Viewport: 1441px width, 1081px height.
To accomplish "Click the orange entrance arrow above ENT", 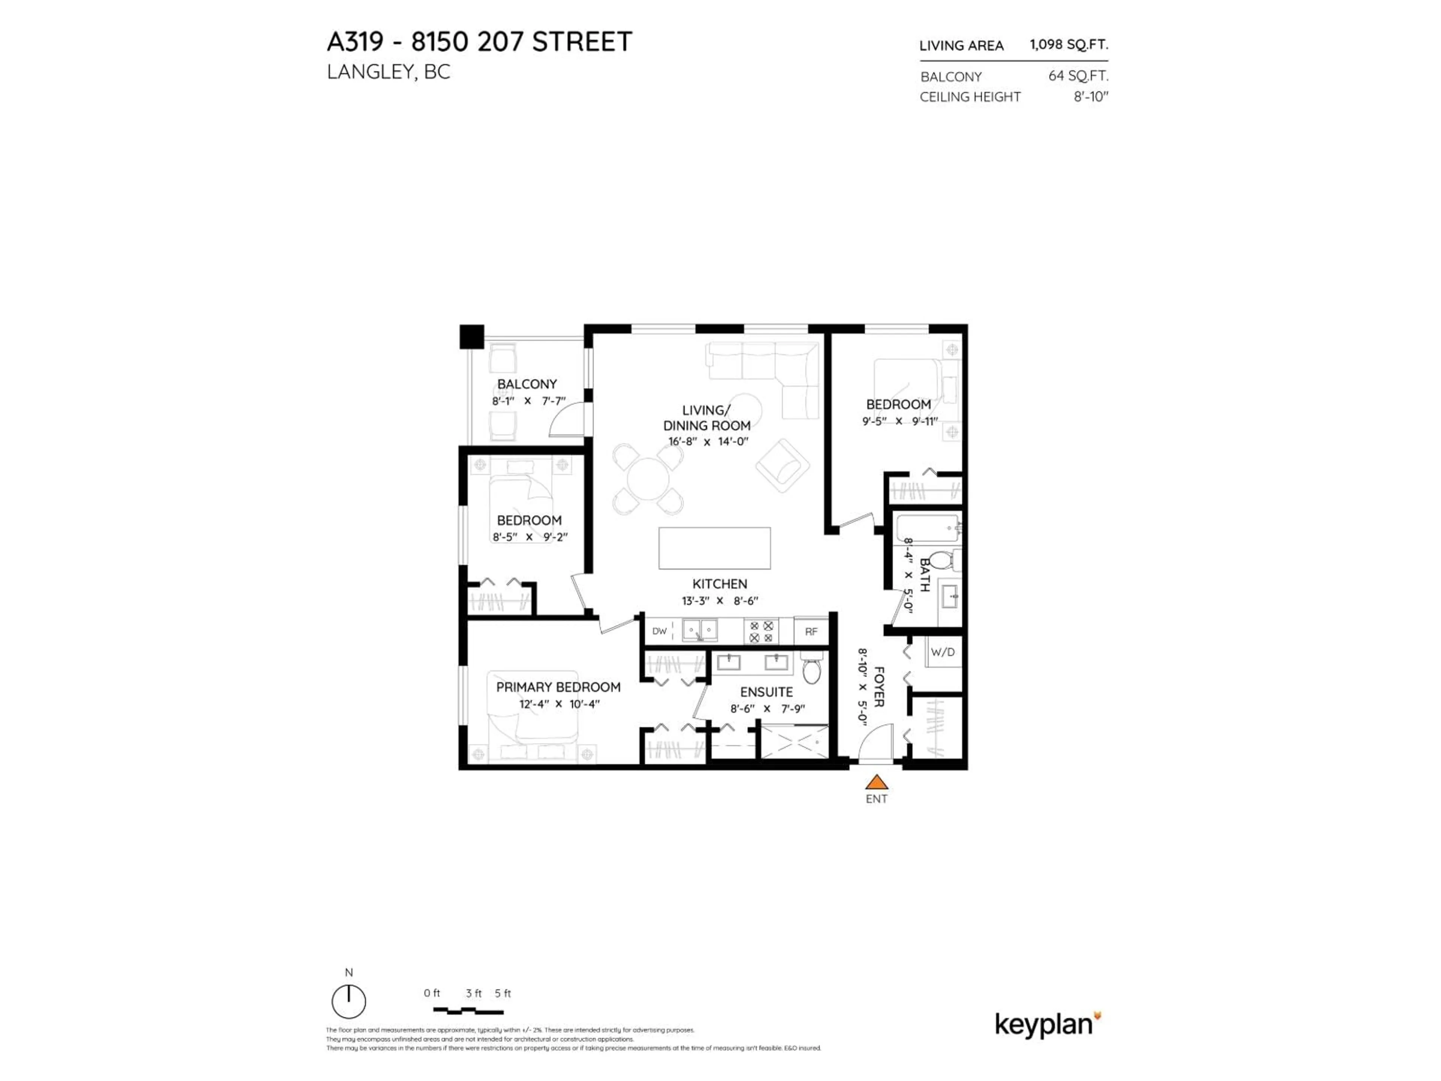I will [877, 782].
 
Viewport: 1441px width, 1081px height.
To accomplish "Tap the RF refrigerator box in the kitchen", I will [811, 631].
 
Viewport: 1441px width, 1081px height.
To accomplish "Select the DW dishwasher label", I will [659, 631].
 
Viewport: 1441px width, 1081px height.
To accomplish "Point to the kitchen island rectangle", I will [714, 548].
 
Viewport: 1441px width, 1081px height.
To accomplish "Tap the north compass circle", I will [349, 1001].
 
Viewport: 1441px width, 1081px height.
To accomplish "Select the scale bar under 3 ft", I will [468, 1011].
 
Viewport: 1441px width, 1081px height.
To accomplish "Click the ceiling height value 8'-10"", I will [1091, 96].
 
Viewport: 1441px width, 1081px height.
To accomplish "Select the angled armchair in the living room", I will [782, 465].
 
